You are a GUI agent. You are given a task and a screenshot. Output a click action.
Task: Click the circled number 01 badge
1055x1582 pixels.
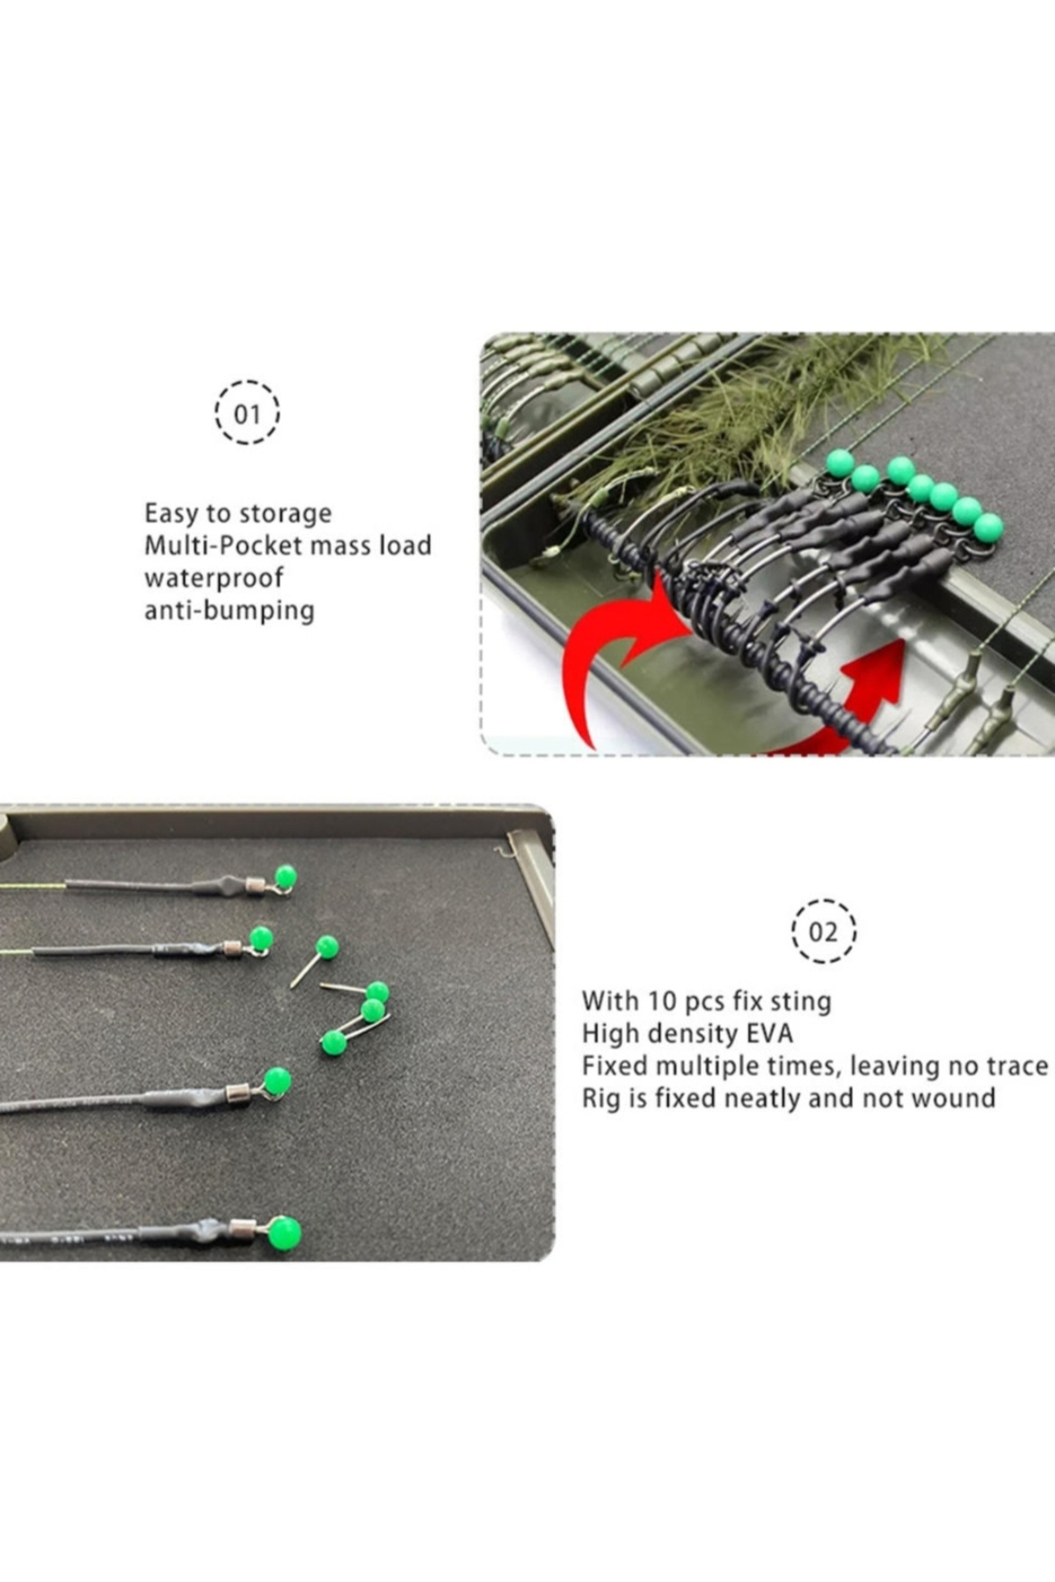point(247,412)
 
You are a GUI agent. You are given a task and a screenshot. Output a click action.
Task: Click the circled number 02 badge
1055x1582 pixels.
point(824,931)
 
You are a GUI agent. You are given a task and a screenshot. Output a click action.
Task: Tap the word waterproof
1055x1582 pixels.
point(215,578)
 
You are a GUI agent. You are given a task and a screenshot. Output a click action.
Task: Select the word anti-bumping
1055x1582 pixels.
point(229,610)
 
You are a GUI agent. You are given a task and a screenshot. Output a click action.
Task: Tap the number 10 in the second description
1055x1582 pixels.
point(662,1000)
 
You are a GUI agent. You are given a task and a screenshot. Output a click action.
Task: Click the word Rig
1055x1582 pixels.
point(600,1099)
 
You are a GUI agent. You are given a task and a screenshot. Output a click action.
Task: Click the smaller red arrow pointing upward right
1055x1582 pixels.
point(866,694)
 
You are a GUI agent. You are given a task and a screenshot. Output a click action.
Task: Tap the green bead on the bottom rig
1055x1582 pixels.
point(284,1233)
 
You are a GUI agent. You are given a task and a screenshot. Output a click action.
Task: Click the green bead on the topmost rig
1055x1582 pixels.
point(285,876)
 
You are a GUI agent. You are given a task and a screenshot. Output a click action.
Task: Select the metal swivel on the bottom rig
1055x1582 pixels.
point(243,1229)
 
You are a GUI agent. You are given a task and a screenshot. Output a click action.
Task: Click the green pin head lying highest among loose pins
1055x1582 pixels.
point(327,947)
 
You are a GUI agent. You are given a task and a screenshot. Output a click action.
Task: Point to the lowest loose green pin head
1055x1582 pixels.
point(333,1043)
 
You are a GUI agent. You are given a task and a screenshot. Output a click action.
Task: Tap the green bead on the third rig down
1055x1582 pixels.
point(277,1081)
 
